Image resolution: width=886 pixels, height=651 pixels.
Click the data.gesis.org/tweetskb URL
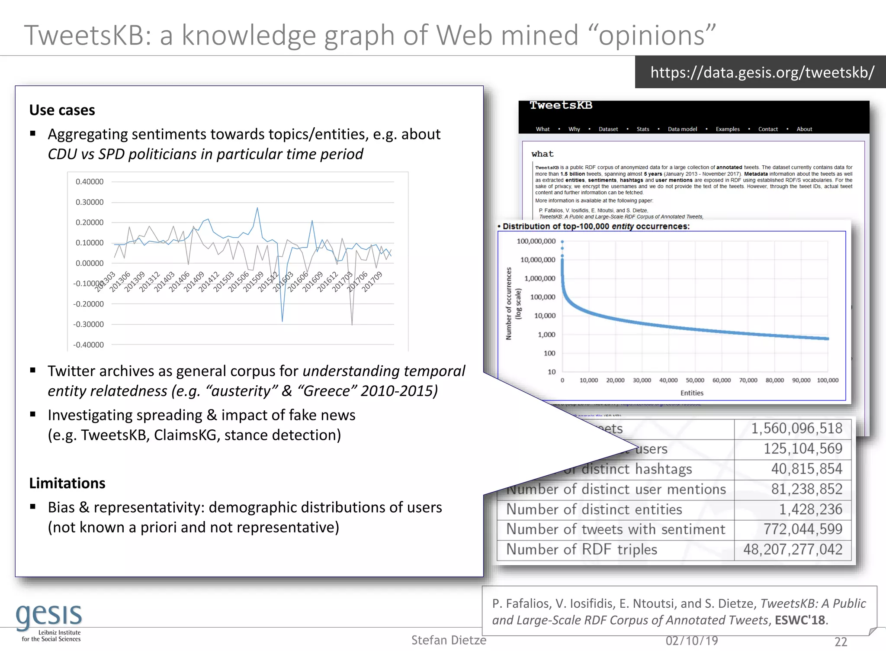[x=762, y=72]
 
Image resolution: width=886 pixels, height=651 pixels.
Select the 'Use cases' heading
[x=62, y=110]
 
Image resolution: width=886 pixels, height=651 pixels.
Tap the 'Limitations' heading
[x=67, y=483]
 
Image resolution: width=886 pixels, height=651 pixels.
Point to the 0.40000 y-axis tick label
[x=90, y=182]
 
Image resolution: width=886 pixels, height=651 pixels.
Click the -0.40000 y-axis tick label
[x=88, y=345]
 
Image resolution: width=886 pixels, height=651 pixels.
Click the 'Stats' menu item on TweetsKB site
[x=643, y=129]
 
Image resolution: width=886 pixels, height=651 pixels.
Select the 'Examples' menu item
[x=728, y=129]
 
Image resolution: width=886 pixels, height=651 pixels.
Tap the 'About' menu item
[x=804, y=129]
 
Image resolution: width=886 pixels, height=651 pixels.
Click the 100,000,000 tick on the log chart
[x=536, y=241]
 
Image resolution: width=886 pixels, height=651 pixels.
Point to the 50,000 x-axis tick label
[x=695, y=380]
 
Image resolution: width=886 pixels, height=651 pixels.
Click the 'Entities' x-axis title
[x=692, y=393]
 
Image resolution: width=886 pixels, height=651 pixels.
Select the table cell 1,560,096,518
[x=796, y=429]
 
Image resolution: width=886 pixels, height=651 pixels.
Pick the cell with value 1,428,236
[x=810, y=509]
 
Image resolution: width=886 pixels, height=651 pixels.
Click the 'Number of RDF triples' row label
[x=581, y=549]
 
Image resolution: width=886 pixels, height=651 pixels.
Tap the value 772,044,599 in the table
[x=803, y=529]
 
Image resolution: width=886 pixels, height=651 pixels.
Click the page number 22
[x=841, y=641]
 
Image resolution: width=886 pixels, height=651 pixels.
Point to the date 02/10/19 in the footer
[x=692, y=641]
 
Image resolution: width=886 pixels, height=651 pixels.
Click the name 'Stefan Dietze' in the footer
[x=449, y=640]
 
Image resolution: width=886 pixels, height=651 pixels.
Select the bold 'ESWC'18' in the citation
[x=800, y=620]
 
